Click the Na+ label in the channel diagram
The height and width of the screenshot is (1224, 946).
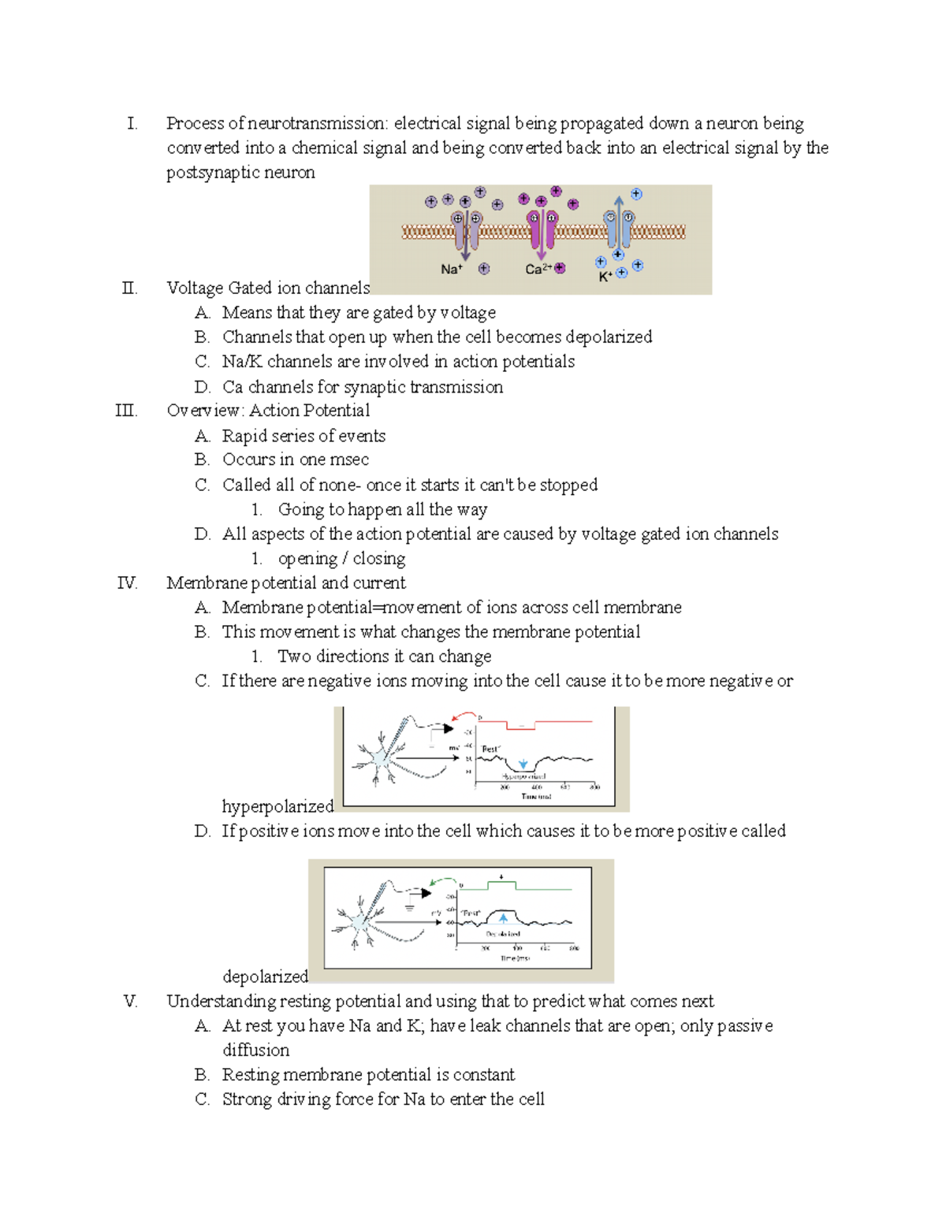click(x=451, y=270)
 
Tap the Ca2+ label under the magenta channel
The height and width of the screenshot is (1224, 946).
click(x=537, y=270)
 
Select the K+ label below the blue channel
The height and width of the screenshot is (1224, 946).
click(x=605, y=277)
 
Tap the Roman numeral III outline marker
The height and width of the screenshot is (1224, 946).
click(x=126, y=411)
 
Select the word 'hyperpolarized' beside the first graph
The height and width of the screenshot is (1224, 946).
click(x=277, y=806)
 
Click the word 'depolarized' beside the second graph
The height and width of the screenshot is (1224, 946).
click(x=265, y=977)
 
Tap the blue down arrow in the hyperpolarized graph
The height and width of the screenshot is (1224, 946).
click(x=523, y=764)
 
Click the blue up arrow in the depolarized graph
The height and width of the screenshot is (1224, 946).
click(x=504, y=918)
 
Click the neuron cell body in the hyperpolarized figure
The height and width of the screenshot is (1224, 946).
click(x=382, y=758)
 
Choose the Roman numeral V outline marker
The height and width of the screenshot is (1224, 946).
click(x=130, y=1002)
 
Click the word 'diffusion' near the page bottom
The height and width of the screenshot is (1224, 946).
click(x=255, y=1051)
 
